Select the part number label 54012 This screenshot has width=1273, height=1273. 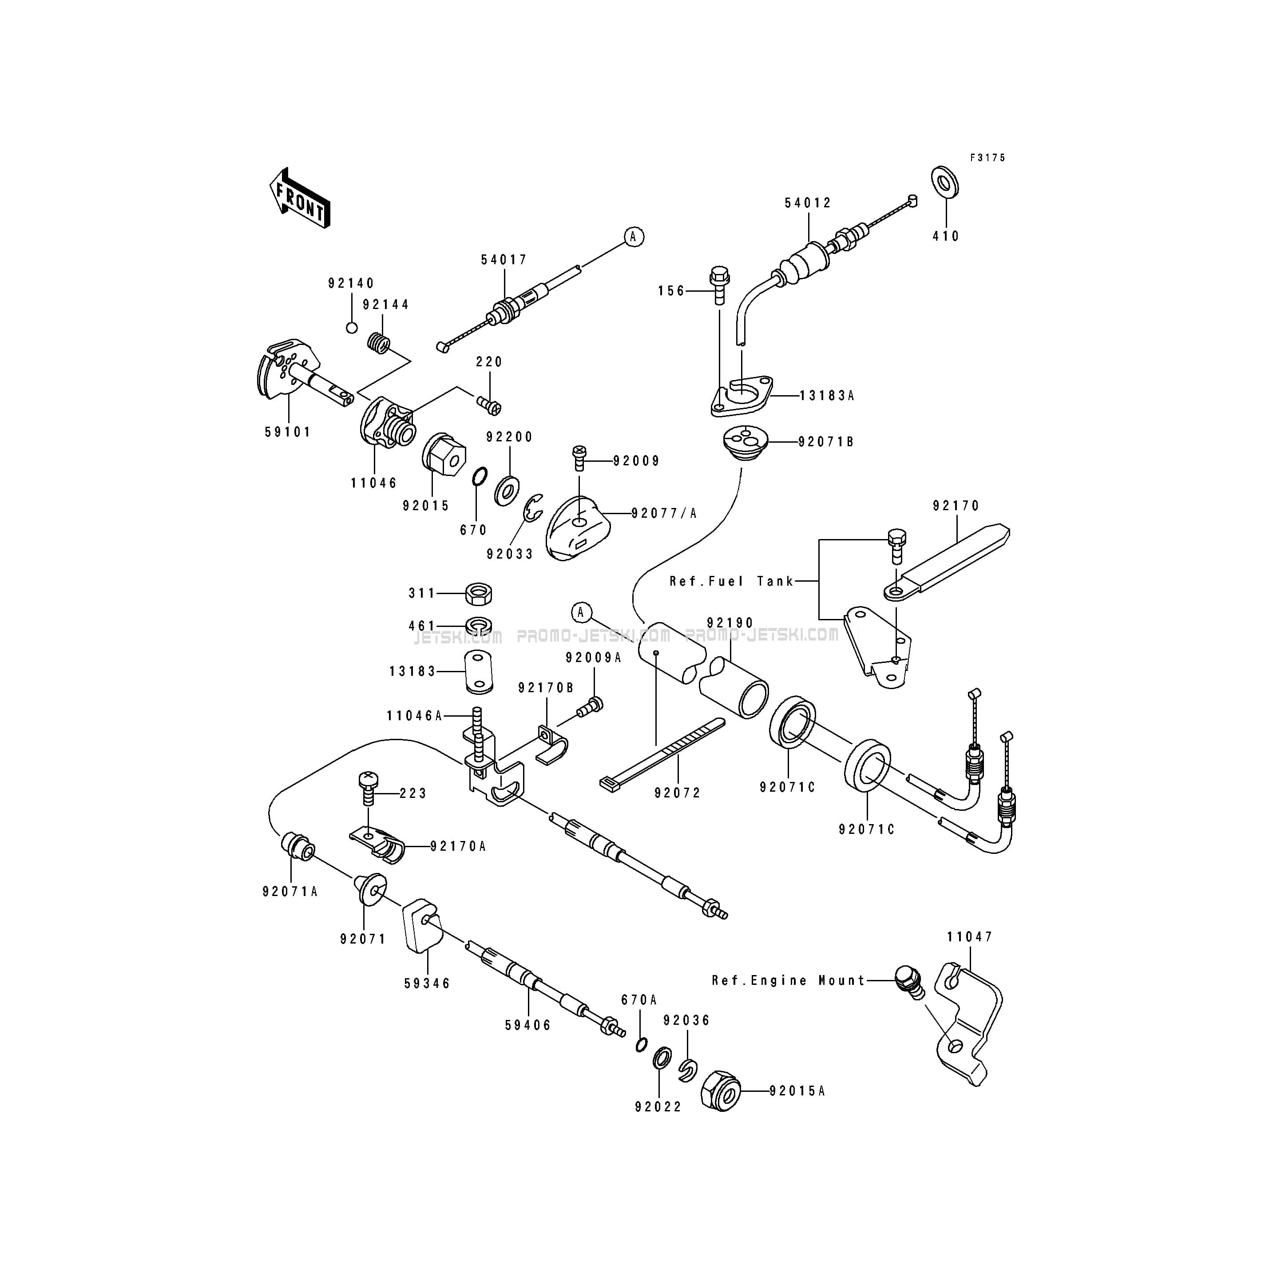[x=808, y=203]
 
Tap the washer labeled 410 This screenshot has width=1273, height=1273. [x=945, y=181]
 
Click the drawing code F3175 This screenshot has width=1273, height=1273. [x=987, y=158]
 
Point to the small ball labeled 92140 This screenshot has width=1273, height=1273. [x=352, y=328]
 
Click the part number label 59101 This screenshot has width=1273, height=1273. [x=288, y=432]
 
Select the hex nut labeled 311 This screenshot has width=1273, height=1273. [x=478, y=594]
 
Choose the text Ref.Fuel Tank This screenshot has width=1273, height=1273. [x=731, y=581]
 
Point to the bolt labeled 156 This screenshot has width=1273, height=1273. [x=719, y=286]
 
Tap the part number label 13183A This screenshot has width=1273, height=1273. [x=826, y=396]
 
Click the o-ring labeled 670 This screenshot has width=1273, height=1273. [x=480, y=475]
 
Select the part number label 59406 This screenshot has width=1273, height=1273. [x=528, y=1025]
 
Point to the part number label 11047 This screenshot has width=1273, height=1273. [x=970, y=937]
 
